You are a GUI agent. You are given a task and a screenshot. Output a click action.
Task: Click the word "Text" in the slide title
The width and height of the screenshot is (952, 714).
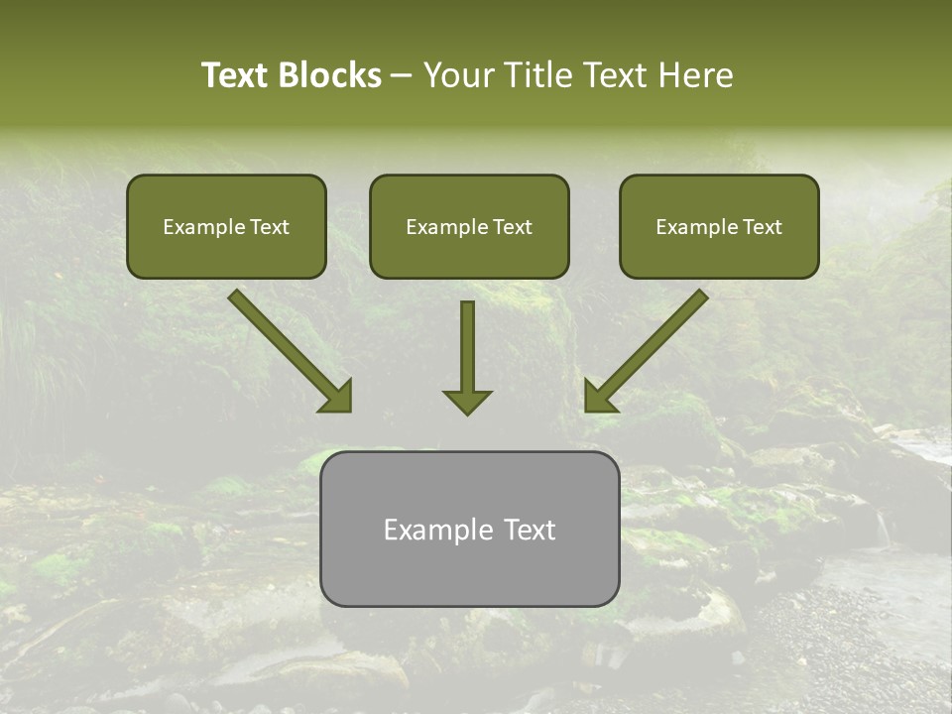[x=234, y=75]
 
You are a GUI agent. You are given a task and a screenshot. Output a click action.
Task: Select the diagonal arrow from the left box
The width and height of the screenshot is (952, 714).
[x=283, y=342]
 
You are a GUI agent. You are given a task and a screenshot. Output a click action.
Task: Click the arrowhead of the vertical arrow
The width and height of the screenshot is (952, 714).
[x=467, y=402]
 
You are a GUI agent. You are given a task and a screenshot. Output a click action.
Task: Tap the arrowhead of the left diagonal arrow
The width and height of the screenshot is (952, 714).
[x=337, y=397]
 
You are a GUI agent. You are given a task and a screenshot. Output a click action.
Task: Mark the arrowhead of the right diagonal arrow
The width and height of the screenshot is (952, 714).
[x=598, y=397]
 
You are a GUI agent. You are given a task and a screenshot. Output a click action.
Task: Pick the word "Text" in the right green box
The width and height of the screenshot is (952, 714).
[x=762, y=227]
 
